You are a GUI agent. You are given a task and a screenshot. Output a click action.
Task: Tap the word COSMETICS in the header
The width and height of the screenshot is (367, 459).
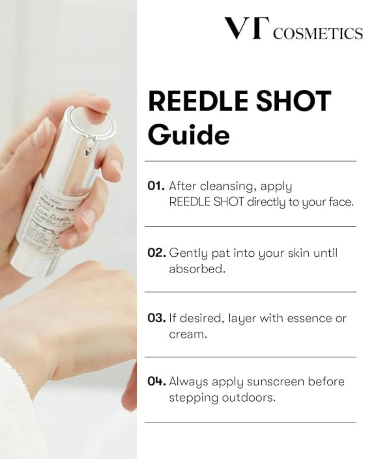coord(318,34)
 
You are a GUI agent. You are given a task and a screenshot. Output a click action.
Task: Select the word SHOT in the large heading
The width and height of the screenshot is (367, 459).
coord(294,101)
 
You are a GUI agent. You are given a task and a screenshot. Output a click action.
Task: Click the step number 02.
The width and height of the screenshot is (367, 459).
coord(157,253)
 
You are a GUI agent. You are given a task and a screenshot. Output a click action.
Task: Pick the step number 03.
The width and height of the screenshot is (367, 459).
coord(157,318)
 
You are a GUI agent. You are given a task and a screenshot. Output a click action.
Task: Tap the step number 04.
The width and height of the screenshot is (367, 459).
coord(157,381)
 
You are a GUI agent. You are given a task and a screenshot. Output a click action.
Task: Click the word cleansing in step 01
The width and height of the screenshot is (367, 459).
coord(227,186)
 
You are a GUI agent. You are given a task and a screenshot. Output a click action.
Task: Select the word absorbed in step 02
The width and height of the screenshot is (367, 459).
coord(197,269)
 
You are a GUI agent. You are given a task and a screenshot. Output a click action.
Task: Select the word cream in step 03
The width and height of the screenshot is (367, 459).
coord(188,334)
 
